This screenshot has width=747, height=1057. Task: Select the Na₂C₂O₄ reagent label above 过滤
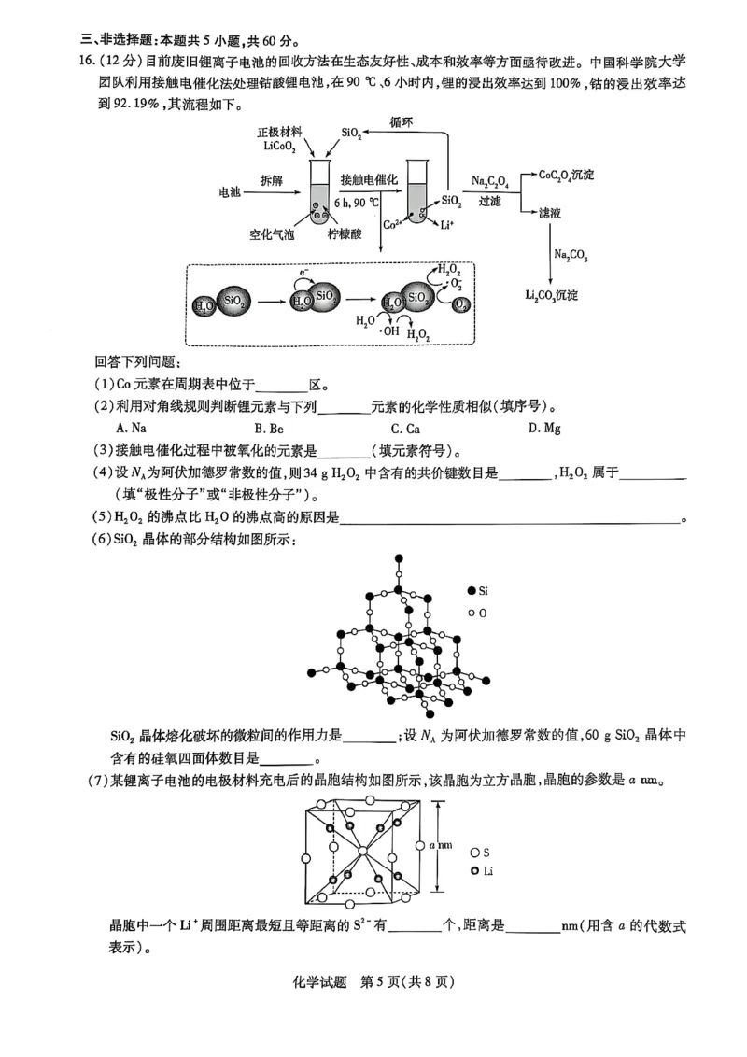click(x=489, y=181)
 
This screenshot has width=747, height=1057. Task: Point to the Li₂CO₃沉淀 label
click(x=551, y=295)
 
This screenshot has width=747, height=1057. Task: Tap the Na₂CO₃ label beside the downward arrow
click(x=571, y=254)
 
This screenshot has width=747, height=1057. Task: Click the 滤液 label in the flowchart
click(x=550, y=214)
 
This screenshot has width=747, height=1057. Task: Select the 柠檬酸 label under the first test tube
click(x=345, y=234)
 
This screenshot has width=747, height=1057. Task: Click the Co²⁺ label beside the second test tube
click(x=393, y=225)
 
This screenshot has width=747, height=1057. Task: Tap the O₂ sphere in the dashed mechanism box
click(x=461, y=303)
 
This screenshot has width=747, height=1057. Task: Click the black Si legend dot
click(x=471, y=591)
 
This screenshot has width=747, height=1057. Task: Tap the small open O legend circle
click(x=471, y=613)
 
